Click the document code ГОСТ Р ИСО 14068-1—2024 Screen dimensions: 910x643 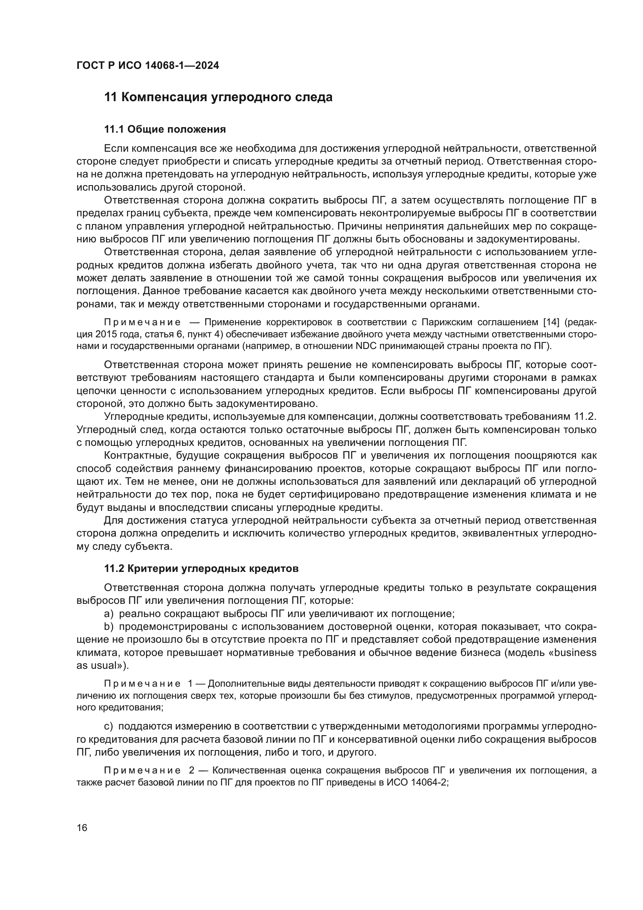148,66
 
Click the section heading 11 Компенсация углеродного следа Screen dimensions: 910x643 218,97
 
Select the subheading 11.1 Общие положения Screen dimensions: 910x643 165,129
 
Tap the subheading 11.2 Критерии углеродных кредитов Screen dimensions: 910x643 201,568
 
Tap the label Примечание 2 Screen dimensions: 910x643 148,770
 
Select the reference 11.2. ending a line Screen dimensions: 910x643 585,417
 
